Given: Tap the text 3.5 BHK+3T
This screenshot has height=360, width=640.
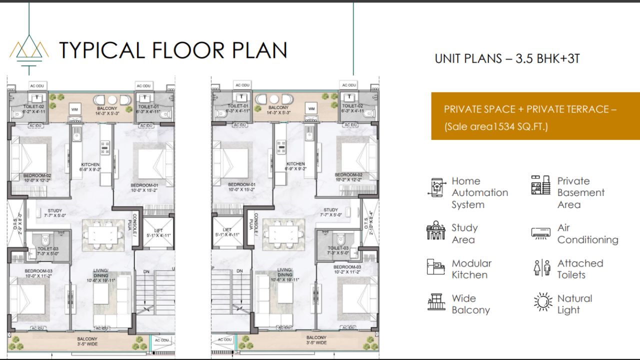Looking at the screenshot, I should click(549, 58).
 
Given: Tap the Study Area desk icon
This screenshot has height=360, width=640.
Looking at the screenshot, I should click(435, 230).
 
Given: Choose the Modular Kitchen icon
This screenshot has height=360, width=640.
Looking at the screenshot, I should click(435, 266).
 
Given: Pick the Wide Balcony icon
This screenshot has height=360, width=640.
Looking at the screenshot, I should click(436, 301).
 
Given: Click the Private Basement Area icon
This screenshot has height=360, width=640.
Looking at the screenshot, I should click(540, 185).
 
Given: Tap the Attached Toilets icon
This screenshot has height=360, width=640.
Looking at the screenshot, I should click(541, 267).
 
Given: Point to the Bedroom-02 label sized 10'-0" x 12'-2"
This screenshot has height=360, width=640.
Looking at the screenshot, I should click(37, 177).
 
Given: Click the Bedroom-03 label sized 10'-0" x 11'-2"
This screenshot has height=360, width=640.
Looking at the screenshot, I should click(38, 273).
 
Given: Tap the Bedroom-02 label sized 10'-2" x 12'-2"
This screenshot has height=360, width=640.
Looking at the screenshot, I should click(348, 177).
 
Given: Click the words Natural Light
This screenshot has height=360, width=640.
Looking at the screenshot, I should click(574, 304).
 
